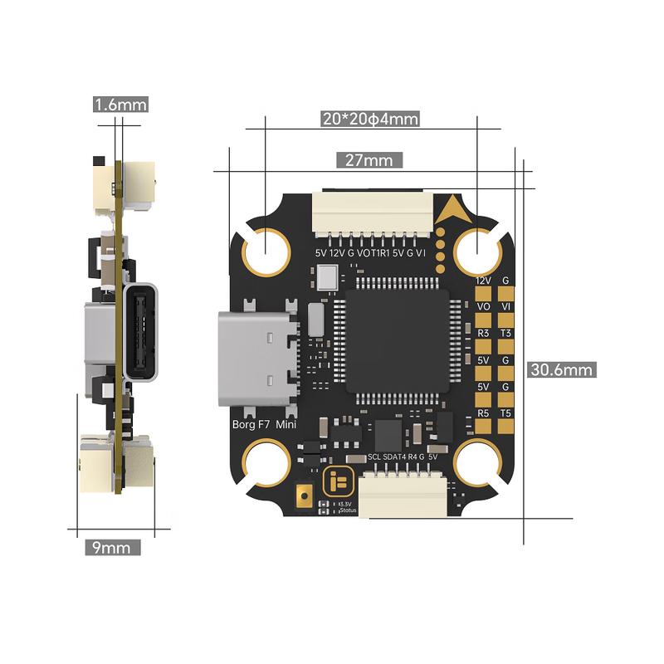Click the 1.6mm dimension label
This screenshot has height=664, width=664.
[121, 105]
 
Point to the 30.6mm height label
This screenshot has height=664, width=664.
[562, 369]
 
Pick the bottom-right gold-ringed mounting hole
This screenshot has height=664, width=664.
[478, 466]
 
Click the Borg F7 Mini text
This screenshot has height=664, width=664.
[264, 425]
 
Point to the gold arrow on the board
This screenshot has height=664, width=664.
[452, 208]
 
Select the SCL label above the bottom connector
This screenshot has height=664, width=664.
[374, 457]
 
